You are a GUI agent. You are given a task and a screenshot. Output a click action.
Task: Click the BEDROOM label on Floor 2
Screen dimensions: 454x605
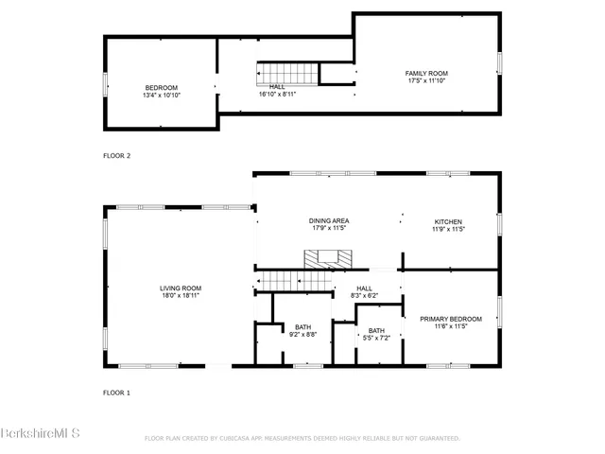pyautogui.click(x=161, y=88)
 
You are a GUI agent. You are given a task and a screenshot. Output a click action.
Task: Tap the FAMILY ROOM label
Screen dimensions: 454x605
pyautogui.click(x=426, y=73)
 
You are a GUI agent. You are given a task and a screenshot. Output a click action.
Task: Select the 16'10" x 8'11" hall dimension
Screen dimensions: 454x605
pyautogui.click(x=277, y=94)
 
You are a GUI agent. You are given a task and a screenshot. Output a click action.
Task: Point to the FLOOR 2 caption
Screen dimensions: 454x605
pyautogui.click(x=116, y=155)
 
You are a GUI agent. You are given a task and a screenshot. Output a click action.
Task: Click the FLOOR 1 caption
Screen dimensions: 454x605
pyautogui.click(x=116, y=391)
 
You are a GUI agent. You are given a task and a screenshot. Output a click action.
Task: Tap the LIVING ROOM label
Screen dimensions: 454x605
pyautogui.click(x=180, y=288)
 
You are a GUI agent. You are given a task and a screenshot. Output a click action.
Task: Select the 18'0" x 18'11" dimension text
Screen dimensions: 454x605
pyautogui.click(x=180, y=296)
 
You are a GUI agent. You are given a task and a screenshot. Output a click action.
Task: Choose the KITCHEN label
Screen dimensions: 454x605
pyautogui.click(x=448, y=220)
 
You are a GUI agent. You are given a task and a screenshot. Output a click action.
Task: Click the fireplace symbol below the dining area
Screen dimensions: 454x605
pyautogui.click(x=326, y=257)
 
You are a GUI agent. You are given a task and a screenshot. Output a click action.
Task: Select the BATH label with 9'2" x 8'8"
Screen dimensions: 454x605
pyautogui.click(x=302, y=326)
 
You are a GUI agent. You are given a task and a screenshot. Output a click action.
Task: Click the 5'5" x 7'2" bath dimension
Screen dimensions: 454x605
pyautogui.click(x=376, y=338)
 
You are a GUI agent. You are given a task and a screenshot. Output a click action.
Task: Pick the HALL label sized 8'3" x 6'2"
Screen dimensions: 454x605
pyautogui.click(x=364, y=288)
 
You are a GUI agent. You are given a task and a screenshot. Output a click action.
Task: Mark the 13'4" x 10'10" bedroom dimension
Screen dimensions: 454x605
pyautogui.click(x=161, y=96)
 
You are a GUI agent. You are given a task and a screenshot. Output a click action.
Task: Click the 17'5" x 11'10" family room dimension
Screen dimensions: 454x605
pyautogui.click(x=426, y=80)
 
